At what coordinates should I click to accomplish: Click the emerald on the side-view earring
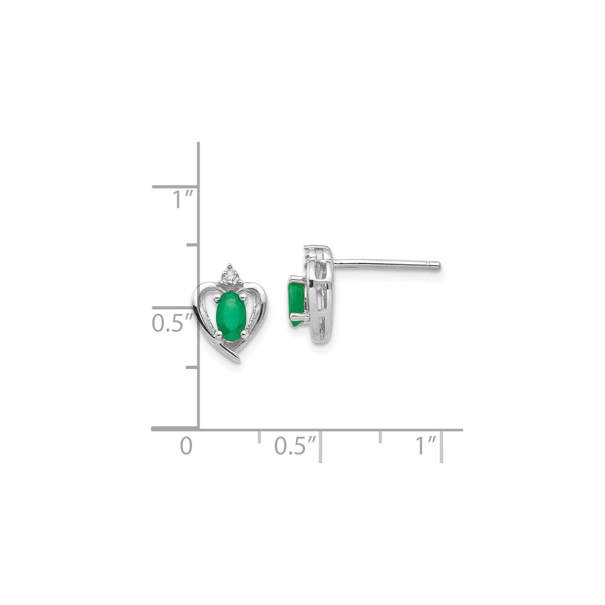pyautogui.click(x=296, y=303)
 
